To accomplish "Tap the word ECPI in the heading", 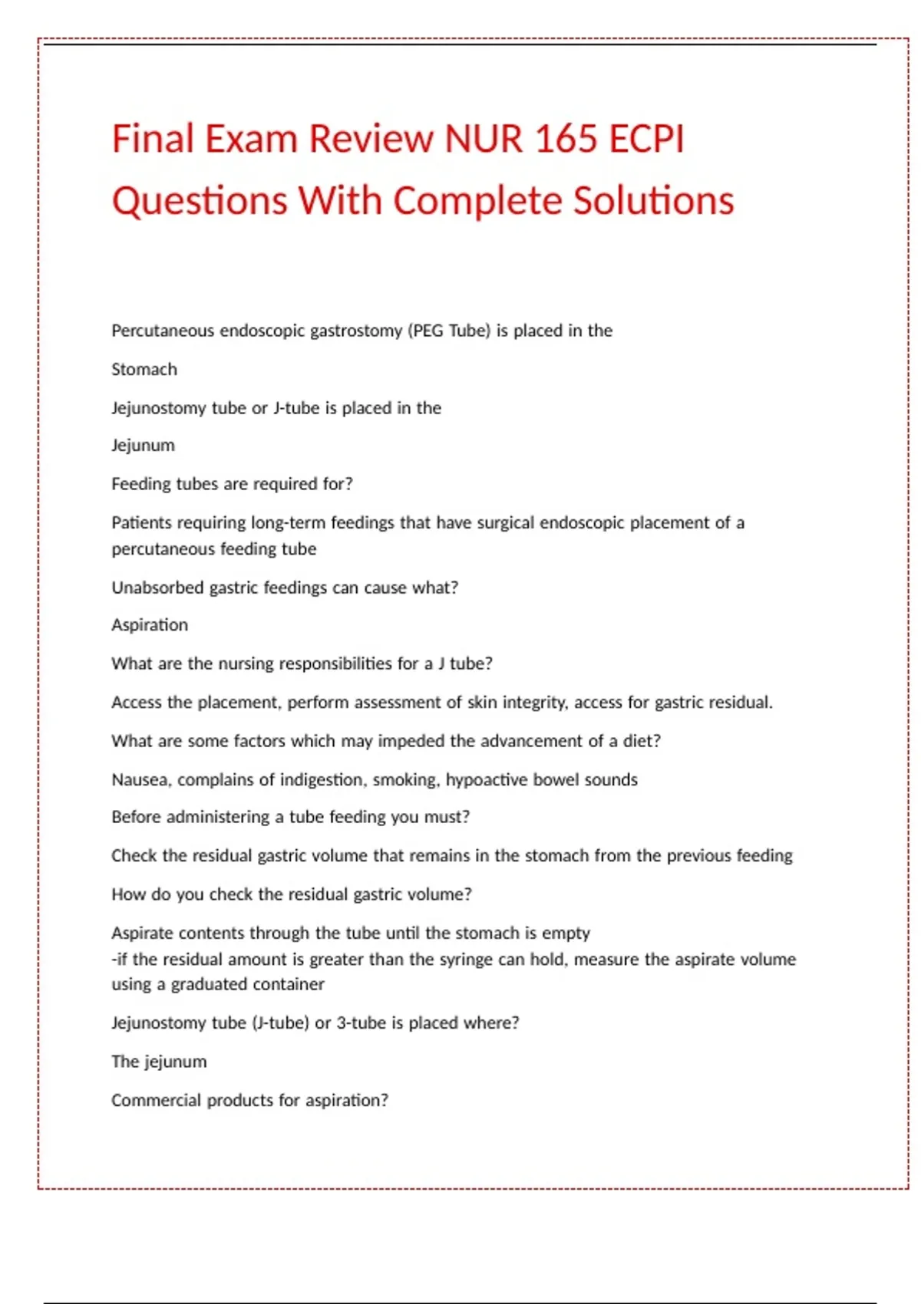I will (646, 140).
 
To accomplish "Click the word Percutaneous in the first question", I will (162, 331).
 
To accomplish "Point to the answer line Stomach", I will (144, 370).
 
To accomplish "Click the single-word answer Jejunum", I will (143, 446).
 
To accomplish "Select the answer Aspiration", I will (150, 625).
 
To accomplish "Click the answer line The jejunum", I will (159, 1062).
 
